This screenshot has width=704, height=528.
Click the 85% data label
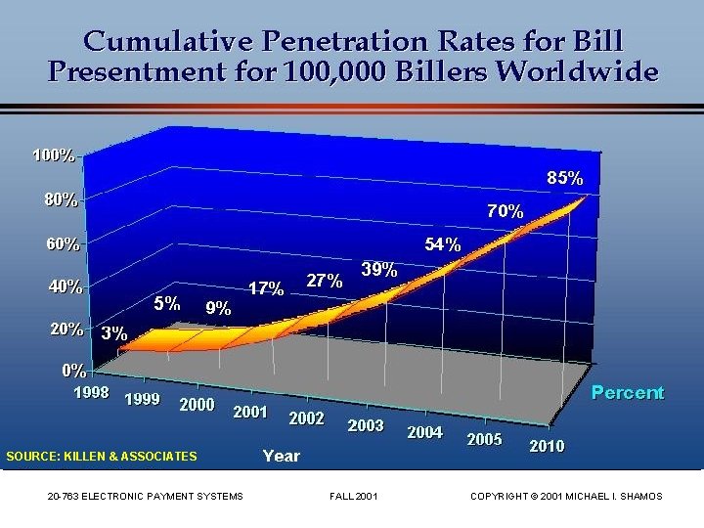(565, 179)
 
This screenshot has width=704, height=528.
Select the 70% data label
(506, 210)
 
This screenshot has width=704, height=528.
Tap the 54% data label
(442, 245)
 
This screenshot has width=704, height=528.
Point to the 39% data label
(378, 269)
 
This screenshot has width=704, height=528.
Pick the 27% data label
(324, 281)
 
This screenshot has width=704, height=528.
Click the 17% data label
(266, 288)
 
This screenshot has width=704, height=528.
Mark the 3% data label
(114, 332)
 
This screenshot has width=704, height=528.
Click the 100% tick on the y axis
(53, 155)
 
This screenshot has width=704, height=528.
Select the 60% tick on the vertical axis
(58, 243)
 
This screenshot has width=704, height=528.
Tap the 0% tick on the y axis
(73, 371)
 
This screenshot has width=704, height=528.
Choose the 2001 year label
(250, 412)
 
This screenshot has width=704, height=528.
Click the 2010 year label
(547, 446)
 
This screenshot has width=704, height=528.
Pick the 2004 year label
(424, 431)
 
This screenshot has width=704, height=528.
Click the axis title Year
(282, 456)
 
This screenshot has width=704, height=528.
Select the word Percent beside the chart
(627, 393)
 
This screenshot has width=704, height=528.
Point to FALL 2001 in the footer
(354, 497)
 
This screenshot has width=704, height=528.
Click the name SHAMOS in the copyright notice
(638, 497)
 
